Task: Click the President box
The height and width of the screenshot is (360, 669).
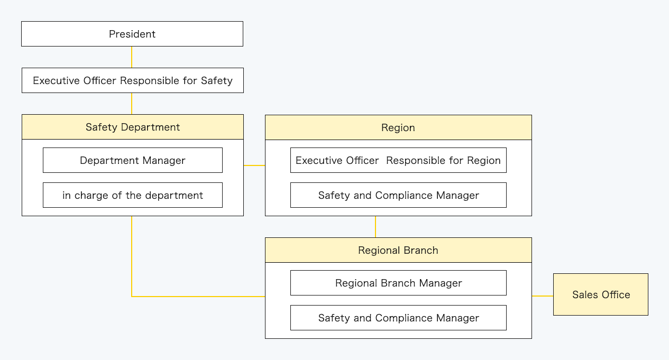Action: [132, 34]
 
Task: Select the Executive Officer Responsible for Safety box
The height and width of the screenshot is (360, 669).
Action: [132, 80]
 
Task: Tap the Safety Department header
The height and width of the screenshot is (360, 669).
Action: [132, 127]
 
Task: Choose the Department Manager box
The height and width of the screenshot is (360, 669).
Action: [132, 160]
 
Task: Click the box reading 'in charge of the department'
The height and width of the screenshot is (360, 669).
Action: [132, 195]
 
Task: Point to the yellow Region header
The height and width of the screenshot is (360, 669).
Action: [398, 127]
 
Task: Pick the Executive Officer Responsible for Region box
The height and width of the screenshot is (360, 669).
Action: [398, 160]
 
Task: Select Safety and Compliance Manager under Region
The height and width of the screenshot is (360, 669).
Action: [398, 195]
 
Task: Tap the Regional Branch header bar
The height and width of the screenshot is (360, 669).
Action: [398, 250]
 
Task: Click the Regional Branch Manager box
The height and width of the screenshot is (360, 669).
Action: [398, 283]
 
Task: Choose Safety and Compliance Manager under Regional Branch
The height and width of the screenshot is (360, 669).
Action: [398, 318]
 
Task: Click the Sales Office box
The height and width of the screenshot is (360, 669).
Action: [600, 294]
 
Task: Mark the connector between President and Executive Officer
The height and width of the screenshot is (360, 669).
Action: [132, 57]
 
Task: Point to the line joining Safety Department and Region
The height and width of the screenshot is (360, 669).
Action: [254, 165]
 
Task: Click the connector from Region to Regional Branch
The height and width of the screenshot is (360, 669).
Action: [375, 227]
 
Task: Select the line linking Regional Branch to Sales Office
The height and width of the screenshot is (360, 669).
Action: [543, 296]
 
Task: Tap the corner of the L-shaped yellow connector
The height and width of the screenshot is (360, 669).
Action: [132, 297]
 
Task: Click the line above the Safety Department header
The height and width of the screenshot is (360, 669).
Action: [132, 104]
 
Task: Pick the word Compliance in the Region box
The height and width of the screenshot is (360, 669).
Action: [401, 195]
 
